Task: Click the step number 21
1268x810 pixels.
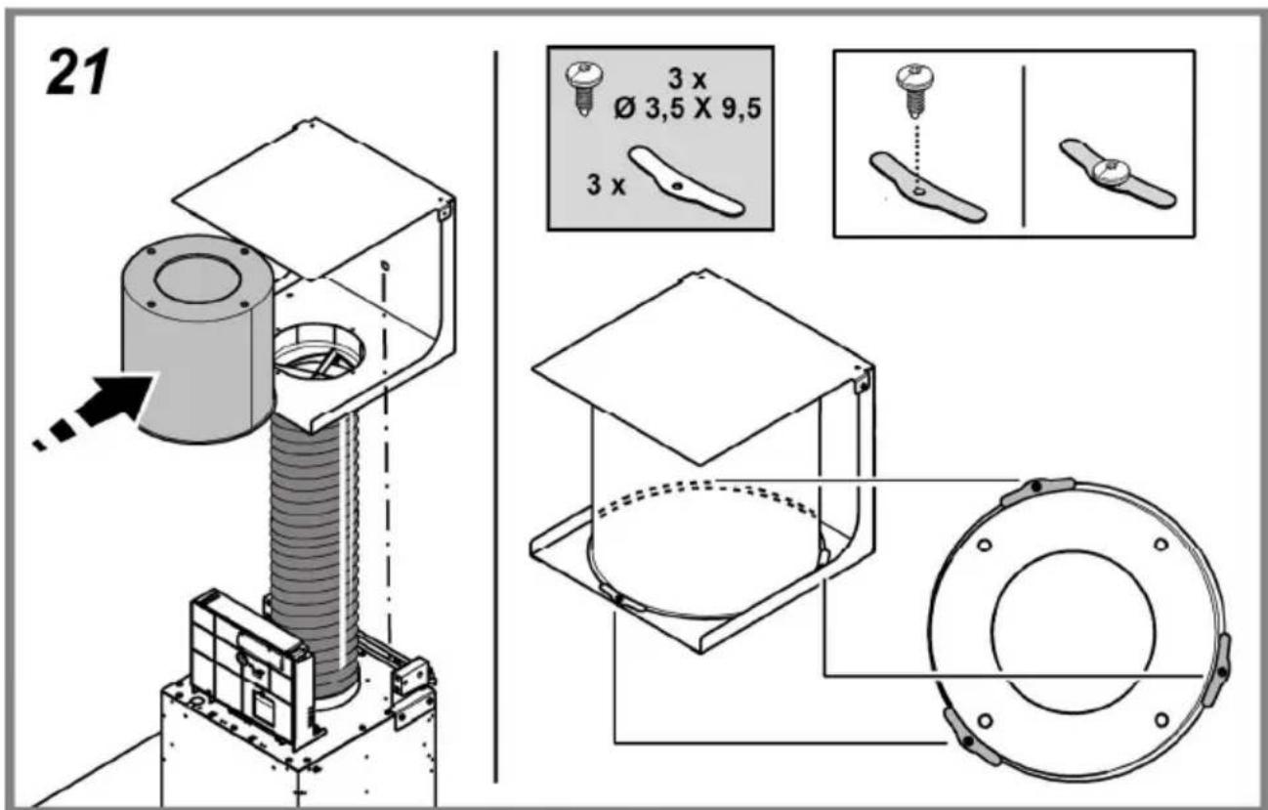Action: (77, 72)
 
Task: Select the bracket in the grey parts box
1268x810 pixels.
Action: (686, 181)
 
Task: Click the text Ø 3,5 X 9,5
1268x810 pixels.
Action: (688, 109)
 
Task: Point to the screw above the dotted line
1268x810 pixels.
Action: (914, 91)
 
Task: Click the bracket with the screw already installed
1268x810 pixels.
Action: (1118, 173)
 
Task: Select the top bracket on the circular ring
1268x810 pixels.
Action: (1037, 490)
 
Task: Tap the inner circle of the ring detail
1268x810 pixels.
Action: (1074, 631)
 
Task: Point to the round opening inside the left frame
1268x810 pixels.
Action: (319, 351)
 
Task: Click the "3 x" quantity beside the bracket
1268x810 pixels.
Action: (607, 185)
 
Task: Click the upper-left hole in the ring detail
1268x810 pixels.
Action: (985, 545)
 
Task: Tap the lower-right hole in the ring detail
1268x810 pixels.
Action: (1162, 720)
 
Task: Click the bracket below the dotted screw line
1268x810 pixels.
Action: (928, 187)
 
